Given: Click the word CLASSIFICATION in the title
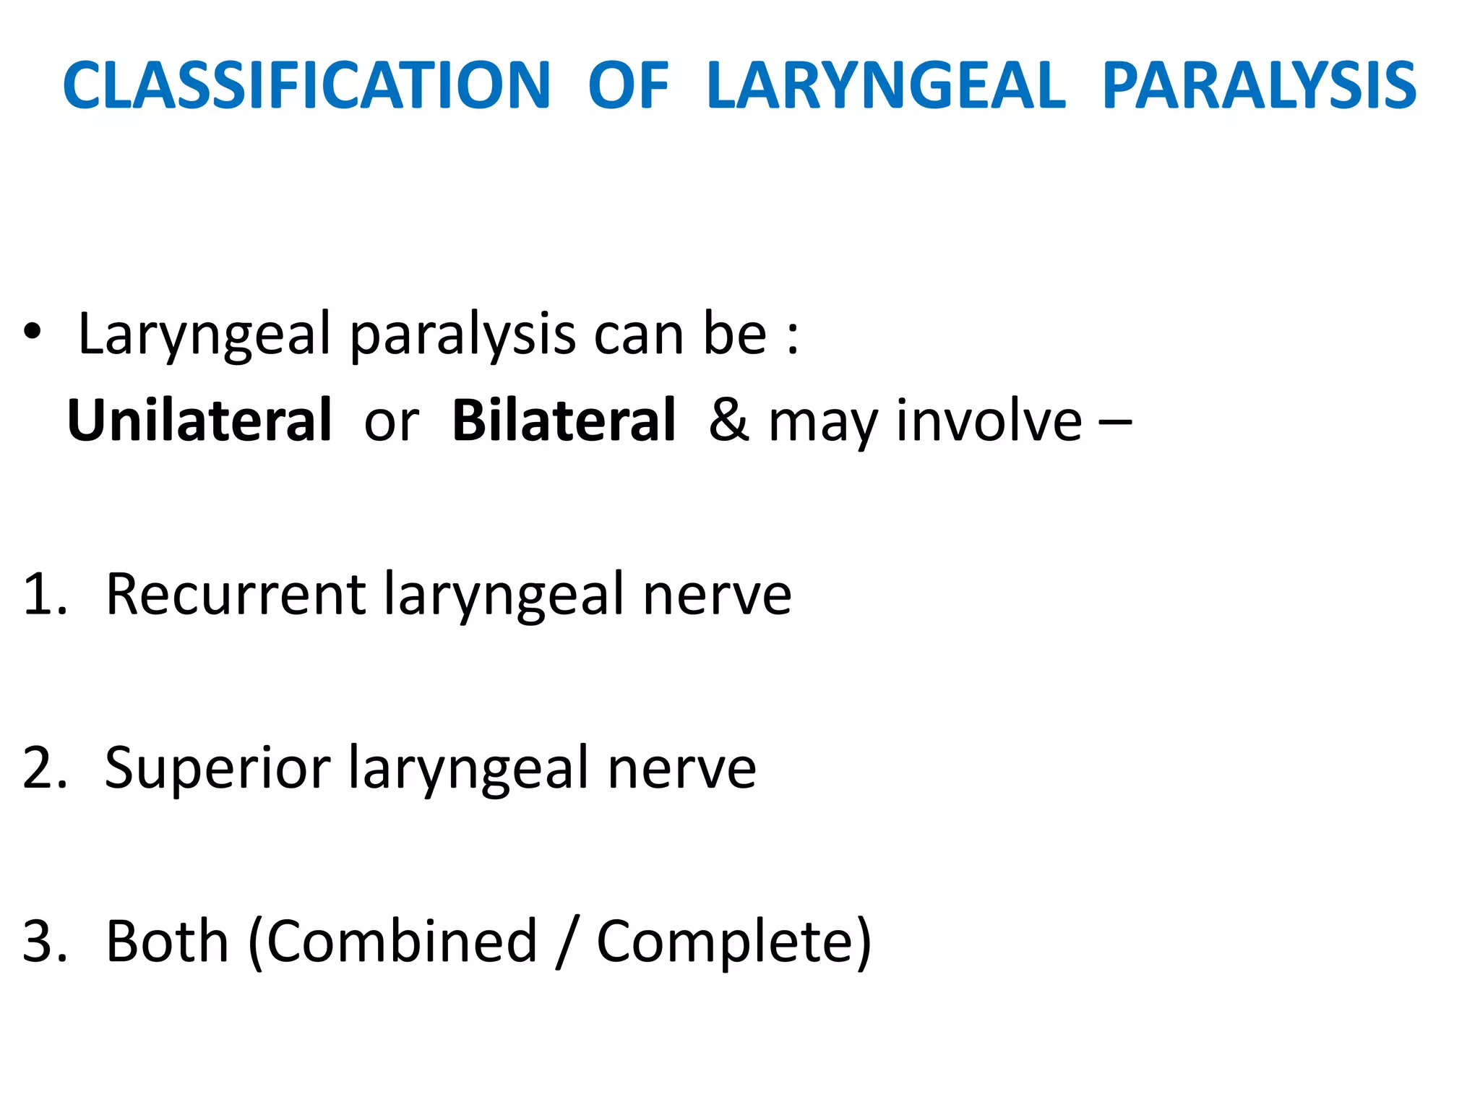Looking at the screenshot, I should click(x=307, y=86).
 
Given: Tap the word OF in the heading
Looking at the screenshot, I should click(x=629, y=86).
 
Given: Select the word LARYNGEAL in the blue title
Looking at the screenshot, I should click(x=886, y=86).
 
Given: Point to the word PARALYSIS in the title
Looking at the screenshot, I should click(x=1259, y=86).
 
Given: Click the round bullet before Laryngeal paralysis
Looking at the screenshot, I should click(x=33, y=333).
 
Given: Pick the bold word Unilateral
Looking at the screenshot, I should click(x=199, y=420).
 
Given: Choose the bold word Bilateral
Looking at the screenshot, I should click(x=564, y=420).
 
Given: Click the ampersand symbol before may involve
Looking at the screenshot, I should click(x=728, y=420).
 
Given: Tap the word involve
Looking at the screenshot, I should click(x=989, y=420).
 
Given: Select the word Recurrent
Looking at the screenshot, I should click(x=236, y=595).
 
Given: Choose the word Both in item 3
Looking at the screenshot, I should click(x=167, y=942).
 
